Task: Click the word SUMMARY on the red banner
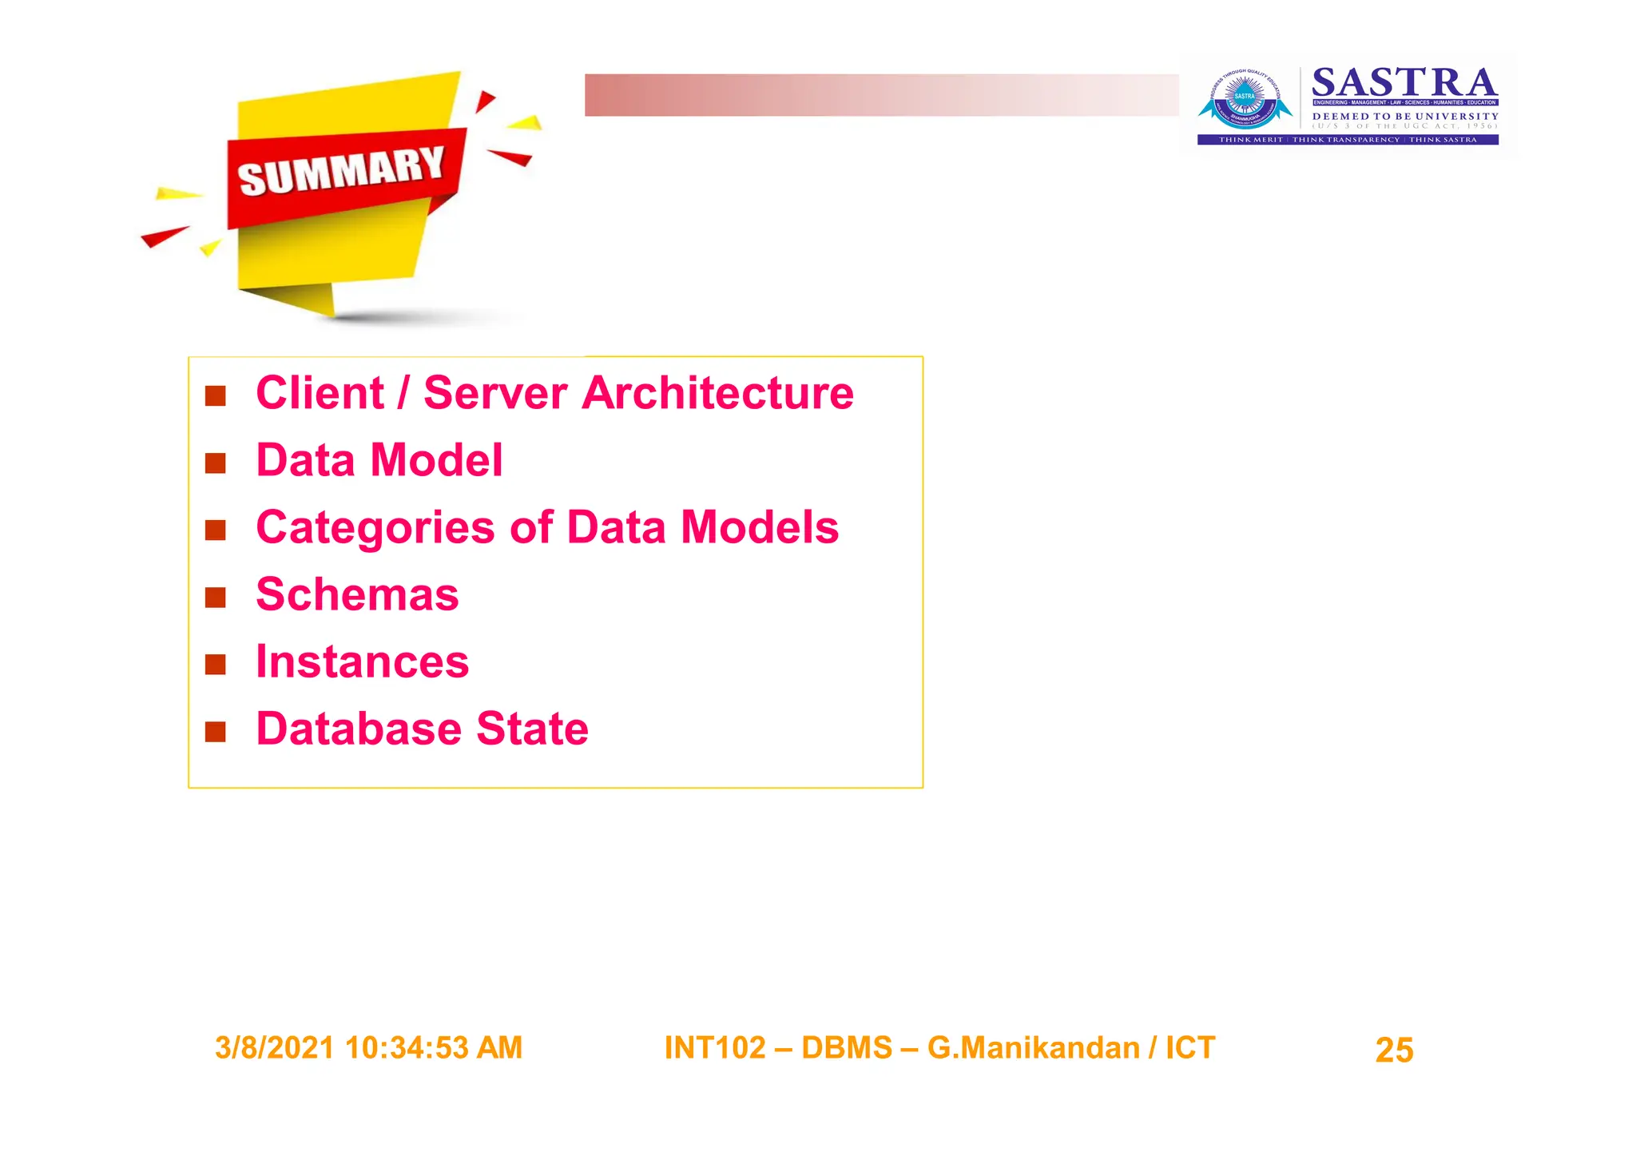tap(341, 171)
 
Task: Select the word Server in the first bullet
tap(495, 393)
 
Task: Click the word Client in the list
tap(320, 393)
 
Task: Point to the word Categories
tap(375, 528)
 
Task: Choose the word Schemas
tap(357, 595)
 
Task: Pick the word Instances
tap(362, 662)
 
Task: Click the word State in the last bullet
tap(532, 729)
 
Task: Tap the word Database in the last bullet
tap(359, 729)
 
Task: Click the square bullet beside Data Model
tap(216, 463)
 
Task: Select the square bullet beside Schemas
tap(216, 598)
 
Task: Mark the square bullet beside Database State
tap(216, 732)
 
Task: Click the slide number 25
tap(1394, 1050)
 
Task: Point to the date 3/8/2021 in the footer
tap(274, 1048)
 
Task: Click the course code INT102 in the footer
tap(715, 1048)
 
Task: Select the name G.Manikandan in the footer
tap(1033, 1048)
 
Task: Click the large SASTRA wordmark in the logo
tap(1404, 83)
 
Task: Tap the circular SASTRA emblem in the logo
tap(1245, 100)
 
